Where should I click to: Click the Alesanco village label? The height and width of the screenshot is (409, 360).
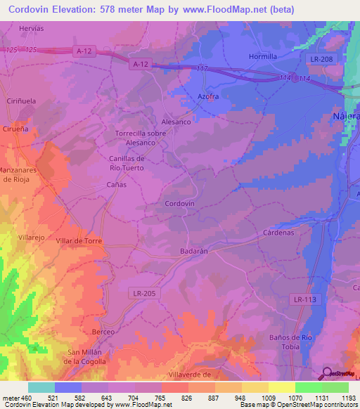coord(176,121)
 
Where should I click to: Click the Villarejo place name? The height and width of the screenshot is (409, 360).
coord(31,238)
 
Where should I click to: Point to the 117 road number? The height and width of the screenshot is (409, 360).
coord(202,67)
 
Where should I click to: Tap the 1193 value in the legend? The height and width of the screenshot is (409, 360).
coord(348,398)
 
